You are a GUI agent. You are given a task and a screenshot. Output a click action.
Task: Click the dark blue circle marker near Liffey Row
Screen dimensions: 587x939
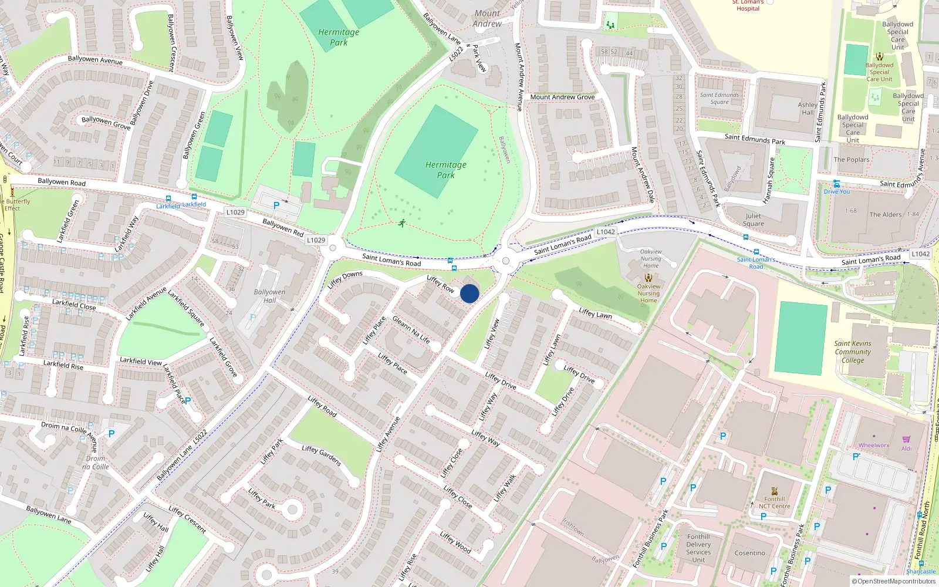(469, 293)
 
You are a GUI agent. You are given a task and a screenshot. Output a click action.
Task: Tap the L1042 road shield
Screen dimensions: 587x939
(606, 232)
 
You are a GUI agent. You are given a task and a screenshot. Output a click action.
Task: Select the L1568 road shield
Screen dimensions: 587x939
(920, 254)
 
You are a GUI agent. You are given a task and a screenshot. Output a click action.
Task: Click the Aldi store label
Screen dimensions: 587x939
(907, 448)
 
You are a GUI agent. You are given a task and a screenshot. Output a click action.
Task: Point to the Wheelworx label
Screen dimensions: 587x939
(874, 446)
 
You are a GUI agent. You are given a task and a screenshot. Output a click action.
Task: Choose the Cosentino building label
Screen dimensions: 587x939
(750, 553)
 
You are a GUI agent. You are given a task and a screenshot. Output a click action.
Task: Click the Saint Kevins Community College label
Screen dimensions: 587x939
(853, 352)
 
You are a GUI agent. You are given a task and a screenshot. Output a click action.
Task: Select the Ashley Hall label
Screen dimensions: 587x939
(808, 109)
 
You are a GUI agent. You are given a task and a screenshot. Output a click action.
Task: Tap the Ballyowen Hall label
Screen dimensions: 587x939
(269, 296)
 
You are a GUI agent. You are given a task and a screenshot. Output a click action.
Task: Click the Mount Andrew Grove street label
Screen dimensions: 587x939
(562, 97)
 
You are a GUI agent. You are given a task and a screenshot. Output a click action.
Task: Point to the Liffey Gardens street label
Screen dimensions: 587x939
(322, 456)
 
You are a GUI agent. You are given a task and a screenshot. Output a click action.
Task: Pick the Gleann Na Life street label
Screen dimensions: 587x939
(411, 330)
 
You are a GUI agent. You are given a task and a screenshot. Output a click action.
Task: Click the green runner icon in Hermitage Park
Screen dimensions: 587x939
(401, 223)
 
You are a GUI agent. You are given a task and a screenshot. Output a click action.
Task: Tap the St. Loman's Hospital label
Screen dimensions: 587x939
(748, 5)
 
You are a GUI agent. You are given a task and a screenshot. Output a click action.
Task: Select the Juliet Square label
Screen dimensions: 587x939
(754, 220)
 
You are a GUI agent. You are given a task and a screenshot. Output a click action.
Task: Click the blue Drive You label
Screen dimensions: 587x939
(837, 191)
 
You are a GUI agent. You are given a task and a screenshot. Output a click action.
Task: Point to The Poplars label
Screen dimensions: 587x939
(852, 160)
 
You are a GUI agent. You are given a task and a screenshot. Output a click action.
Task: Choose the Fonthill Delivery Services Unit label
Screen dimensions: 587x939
(698, 548)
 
